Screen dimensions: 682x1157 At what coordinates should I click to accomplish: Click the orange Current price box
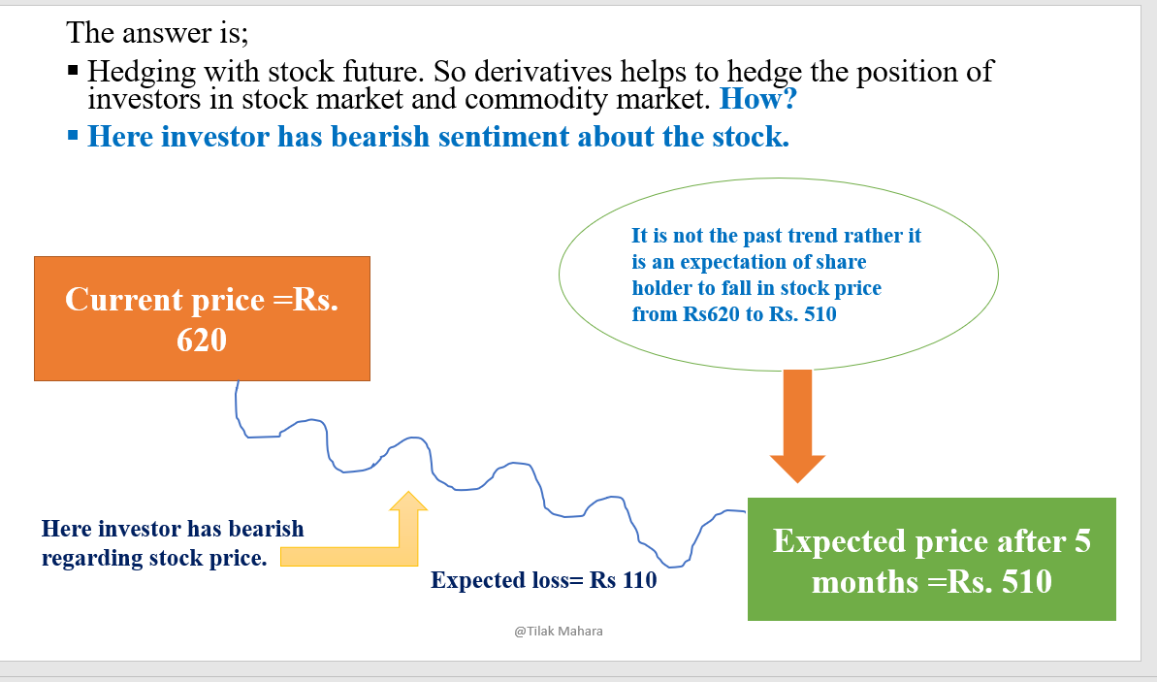(x=202, y=318)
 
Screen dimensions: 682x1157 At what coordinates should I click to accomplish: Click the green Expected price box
(x=931, y=559)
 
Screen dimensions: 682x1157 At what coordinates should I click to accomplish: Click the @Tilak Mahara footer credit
(x=559, y=631)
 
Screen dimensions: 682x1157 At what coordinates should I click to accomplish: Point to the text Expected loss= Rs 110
(x=543, y=580)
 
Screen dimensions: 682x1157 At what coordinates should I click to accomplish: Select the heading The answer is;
(x=158, y=33)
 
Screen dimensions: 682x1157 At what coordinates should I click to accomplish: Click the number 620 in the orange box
(x=202, y=340)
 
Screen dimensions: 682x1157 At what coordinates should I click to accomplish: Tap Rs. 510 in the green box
(x=1004, y=582)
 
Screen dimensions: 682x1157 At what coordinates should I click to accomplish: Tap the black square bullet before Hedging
(x=74, y=71)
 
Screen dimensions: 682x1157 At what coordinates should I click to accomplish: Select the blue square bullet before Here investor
(x=74, y=135)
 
